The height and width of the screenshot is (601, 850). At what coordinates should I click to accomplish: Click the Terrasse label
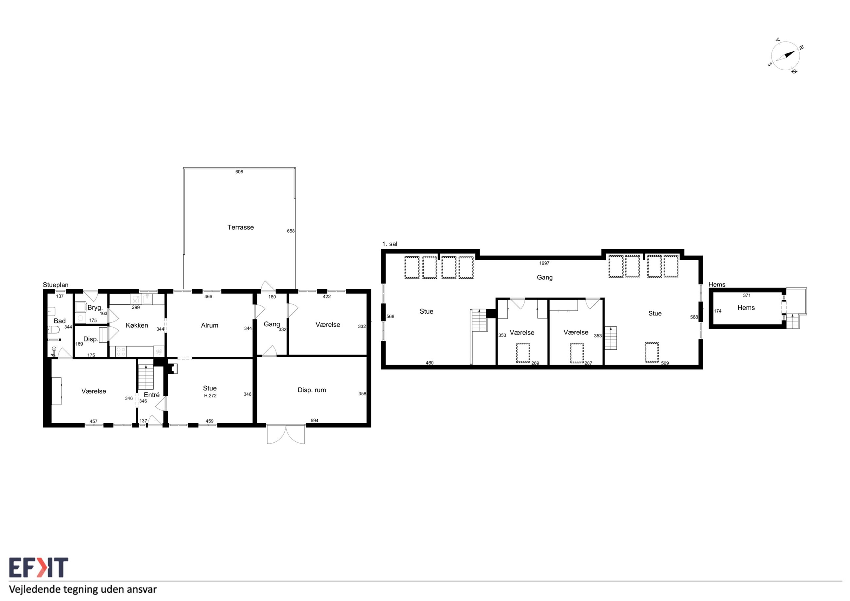click(241, 227)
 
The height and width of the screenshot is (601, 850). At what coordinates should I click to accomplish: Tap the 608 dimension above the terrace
click(239, 172)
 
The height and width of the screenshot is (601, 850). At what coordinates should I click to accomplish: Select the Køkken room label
click(137, 325)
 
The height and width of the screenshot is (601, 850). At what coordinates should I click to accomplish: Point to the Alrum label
click(210, 325)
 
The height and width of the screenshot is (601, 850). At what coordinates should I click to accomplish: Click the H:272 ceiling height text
click(210, 395)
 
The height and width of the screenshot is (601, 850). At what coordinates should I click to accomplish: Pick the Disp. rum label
click(312, 390)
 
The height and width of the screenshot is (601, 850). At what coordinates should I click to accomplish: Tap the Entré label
click(152, 395)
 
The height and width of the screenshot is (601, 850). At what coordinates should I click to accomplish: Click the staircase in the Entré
click(146, 377)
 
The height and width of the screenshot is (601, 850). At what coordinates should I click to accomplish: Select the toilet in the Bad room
click(53, 330)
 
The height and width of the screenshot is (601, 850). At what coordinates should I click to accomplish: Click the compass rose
click(785, 56)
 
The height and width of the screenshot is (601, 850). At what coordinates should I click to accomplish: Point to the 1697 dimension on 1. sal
click(544, 263)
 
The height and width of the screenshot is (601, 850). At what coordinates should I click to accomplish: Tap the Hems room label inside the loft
click(746, 308)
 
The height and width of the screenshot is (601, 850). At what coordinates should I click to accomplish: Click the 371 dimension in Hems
click(747, 296)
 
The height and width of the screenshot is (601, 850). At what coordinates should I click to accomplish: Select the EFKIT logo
click(39, 568)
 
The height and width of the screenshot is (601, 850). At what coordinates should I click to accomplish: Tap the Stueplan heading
click(56, 285)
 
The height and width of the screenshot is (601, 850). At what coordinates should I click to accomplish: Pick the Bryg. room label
click(95, 308)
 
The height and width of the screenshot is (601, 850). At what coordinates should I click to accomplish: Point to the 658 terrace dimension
click(291, 231)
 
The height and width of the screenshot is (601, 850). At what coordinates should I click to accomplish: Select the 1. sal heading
click(390, 244)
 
